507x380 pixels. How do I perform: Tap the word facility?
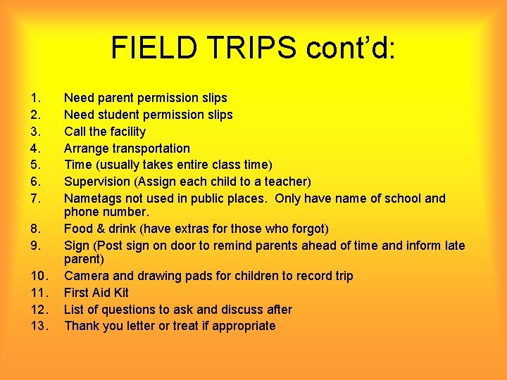[x=126, y=132]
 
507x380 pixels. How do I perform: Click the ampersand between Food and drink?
[x=101, y=229]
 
